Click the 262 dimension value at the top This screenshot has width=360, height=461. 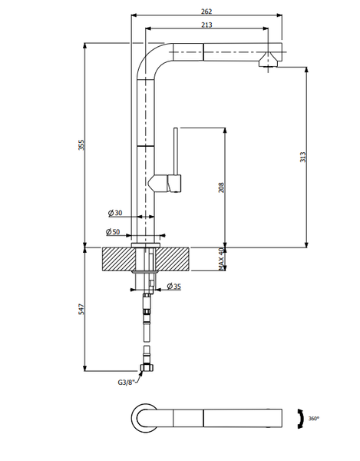tap(206, 12)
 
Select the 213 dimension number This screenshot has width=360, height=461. tap(206, 25)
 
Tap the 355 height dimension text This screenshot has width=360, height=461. tap(81, 145)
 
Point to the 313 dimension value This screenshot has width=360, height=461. tap(302, 157)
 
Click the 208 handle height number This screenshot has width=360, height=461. tap(221, 187)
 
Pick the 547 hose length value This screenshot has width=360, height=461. tap(81, 310)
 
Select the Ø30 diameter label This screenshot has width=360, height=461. tap(115, 213)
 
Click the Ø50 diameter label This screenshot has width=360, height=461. tap(113, 232)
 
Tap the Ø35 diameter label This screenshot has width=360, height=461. tap(173, 286)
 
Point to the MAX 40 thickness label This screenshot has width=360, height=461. tap(221, 259)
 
